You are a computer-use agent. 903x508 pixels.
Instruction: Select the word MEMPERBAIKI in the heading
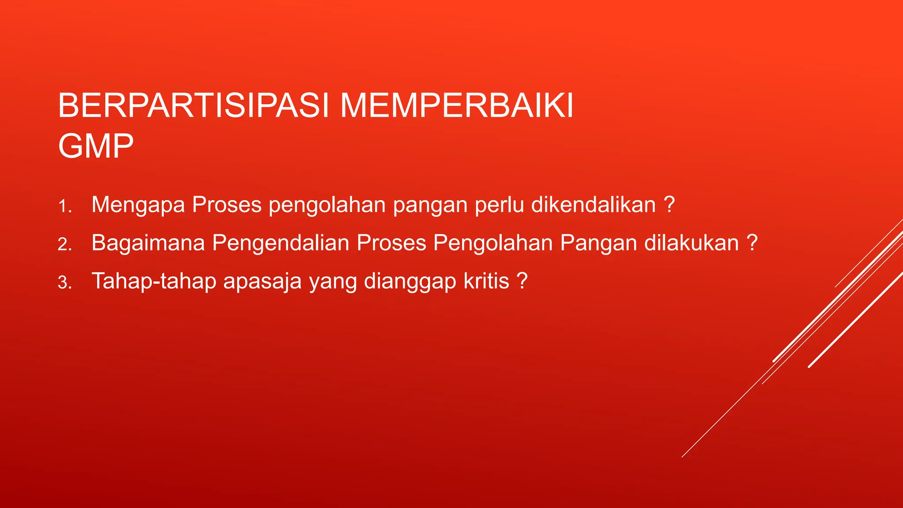[x=457, y=106]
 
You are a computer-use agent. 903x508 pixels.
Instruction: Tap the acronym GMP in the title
[x=96, y=146]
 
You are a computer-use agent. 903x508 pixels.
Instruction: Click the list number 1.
[x=64, y=206]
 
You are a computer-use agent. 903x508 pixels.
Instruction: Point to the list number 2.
[x=64, y=244]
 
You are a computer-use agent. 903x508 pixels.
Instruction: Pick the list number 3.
[x=64, y=283]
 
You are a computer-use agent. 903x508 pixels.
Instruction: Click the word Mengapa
[x=138, y=205]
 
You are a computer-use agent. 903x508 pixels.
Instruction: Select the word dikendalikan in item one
[x=593, y=205]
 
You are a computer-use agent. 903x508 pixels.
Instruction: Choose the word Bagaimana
[x=148, y=243]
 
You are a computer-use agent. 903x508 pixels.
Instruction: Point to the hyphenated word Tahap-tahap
[x=153, y=281]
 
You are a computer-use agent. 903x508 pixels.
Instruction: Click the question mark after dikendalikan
[x=669, y=204]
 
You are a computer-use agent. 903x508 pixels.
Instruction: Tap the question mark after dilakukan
[x=752, y=243]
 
